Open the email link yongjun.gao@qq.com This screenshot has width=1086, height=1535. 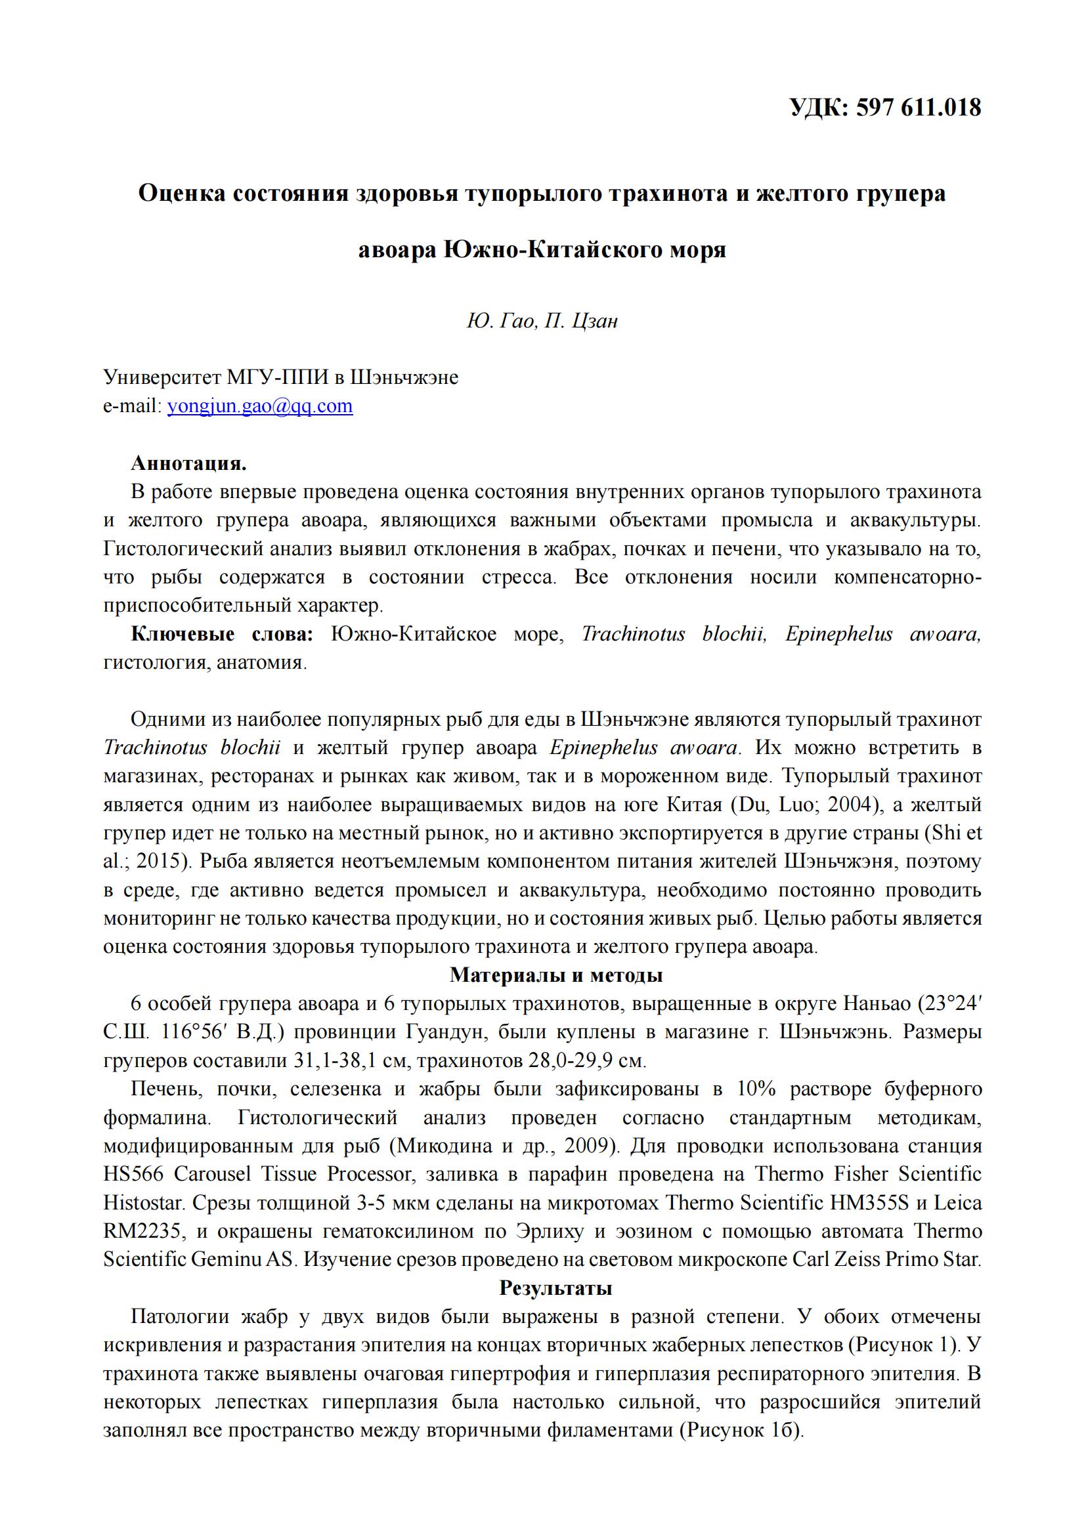pyautogui.click(x=259, y=406)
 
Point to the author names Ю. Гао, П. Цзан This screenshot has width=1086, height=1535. pyautogui.click(x=542, y=322)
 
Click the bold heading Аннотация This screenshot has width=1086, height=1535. pyautogui.click(x=188, y=463)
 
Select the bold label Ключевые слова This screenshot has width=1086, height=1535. pyautogui.click(x=222, y=634)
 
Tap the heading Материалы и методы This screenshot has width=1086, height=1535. pyautogui.click(x=555, y=975)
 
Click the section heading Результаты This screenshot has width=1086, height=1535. pyautogui.click(x=555, y=1288)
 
